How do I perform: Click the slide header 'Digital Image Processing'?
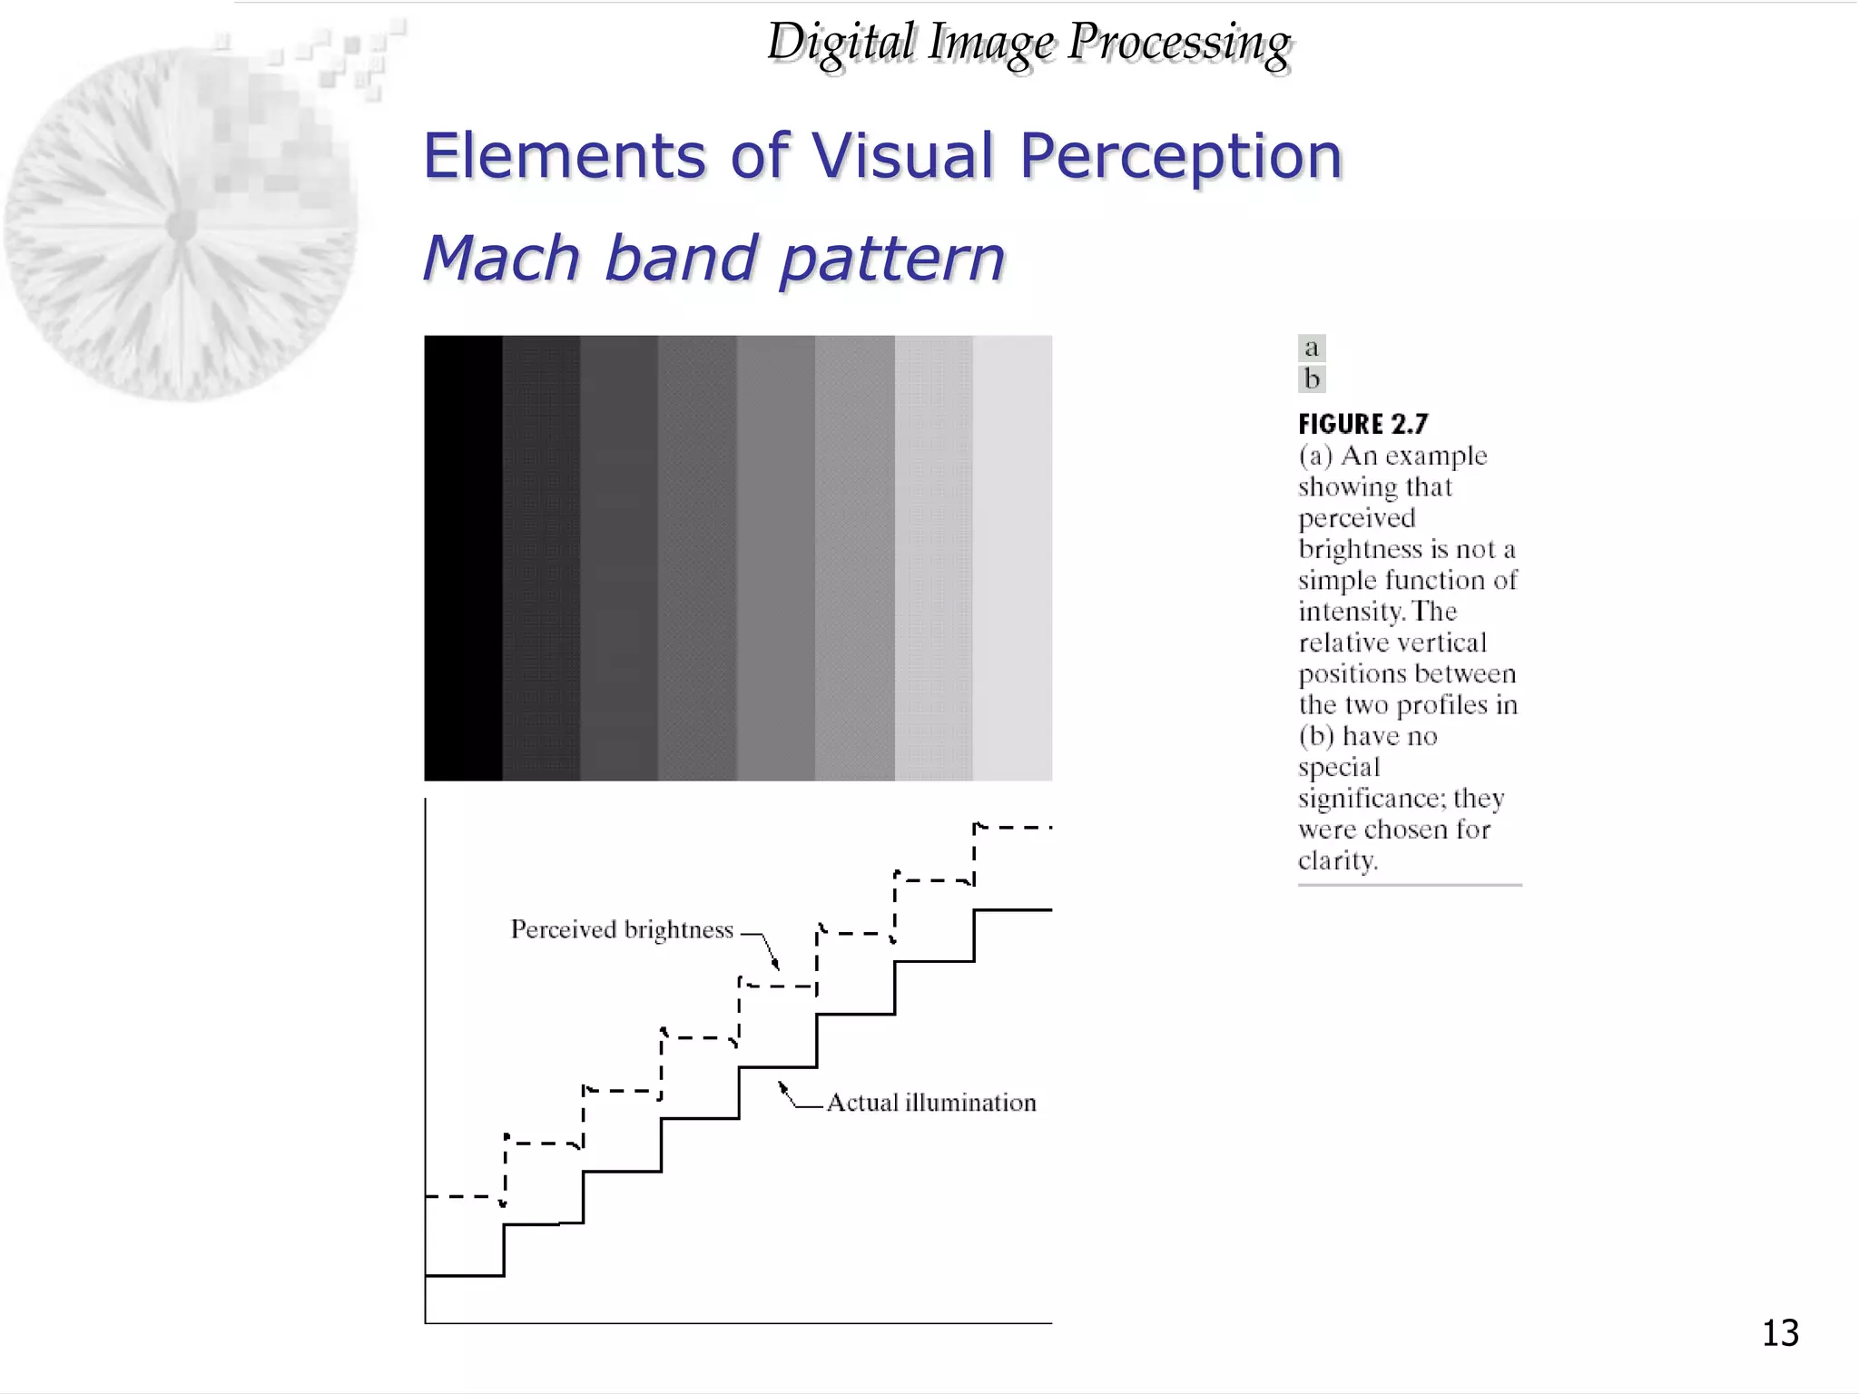pyautogui.click(x=1028, y=44)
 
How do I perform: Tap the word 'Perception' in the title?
pyautogui.click(x=1180, y=156)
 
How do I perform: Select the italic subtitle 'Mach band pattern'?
pyautogui.click(x=714, y=259)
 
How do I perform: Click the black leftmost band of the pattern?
pyautogui.click(x=463, y=557)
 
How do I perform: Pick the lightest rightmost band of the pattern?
pyautogui.click(x=1012, y=557)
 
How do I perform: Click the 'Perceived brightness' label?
pyautogui.click(x=622, y=930)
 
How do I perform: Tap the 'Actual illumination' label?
pyautogui.click(x=931, y=1103)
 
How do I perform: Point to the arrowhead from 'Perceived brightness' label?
pyautogui.click(x=776, y=966)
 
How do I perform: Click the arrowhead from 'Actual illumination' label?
pyautogui.click(x=782, y=1085)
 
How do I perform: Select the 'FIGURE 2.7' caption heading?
pyautogui.click(x=1362, y=424)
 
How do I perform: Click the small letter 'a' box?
pyautogui.click(x=1312, y=348)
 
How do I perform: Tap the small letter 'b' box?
pyautogui.click(x=1312, y=378)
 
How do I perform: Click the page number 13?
pyautogui.click(x=1780, y=1333)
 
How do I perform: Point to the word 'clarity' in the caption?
pyautogui.click(x=1336, y=860)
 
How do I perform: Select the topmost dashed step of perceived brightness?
pyautogui.click(x=1013, y=828)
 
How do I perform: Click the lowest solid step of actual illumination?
pyautogui.click(x=464, y=1276)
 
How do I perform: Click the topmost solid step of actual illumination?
pyautogui.click(x=1013, y=909)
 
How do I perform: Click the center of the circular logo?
pyautogui.click(x=182, y=223)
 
